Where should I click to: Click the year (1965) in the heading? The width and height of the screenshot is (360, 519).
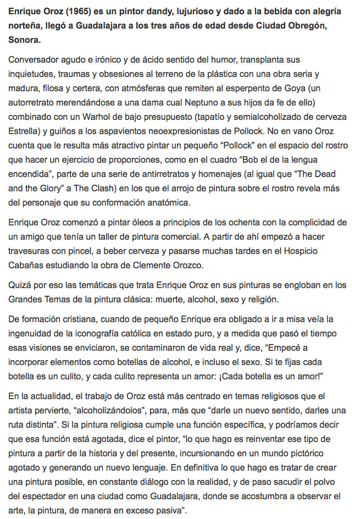75,12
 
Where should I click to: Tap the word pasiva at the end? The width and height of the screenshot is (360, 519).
167,510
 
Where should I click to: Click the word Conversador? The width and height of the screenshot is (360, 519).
36,59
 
